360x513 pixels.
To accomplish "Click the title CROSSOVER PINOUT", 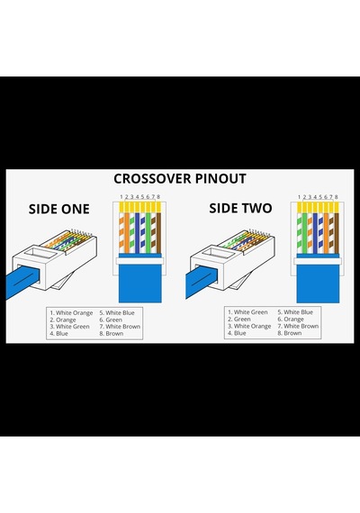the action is pos(180,178).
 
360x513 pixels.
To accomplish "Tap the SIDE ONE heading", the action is pos(58,209).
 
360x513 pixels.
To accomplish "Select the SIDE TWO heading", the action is pos(240,208).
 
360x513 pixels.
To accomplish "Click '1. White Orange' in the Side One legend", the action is pos(71,313).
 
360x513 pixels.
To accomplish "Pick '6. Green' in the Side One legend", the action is pos(111,319).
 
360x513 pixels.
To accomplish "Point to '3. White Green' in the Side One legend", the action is pos(69,327).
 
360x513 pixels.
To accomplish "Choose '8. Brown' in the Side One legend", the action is pos(112,333).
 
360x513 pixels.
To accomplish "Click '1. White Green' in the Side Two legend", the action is pos(247,312).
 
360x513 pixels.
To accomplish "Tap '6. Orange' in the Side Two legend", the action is pos(291,319).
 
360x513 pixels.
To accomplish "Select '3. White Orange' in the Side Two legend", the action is pos(249,326).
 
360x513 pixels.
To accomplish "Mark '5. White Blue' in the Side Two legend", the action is pos(295,312).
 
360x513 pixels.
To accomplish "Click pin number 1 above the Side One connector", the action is pos(121,196).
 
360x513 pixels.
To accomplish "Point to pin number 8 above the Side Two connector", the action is pos(336,196).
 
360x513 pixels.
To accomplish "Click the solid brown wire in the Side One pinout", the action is pos(158,229).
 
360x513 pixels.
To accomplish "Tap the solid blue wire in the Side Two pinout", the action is pos(315,229).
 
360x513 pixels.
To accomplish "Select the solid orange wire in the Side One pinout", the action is pos(127,229).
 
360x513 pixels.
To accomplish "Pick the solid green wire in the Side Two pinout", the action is pos(305,229).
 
